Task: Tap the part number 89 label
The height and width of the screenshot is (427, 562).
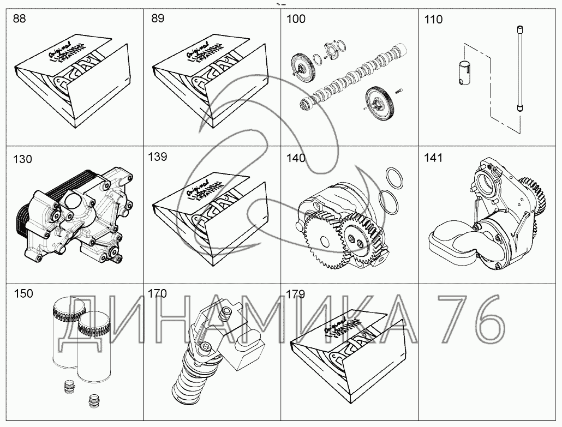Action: pyautogui.click(x=157, y=20)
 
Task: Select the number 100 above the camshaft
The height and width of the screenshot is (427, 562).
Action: pyautogui.click(x=296, y=20)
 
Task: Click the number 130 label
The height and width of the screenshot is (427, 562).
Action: pyautogui.click(x=22, y=159)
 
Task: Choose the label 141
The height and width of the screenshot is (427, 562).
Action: pyautogui.click(x=433, y=158)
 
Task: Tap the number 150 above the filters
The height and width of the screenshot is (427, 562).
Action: pyautogui.click(x=22, y=293)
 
